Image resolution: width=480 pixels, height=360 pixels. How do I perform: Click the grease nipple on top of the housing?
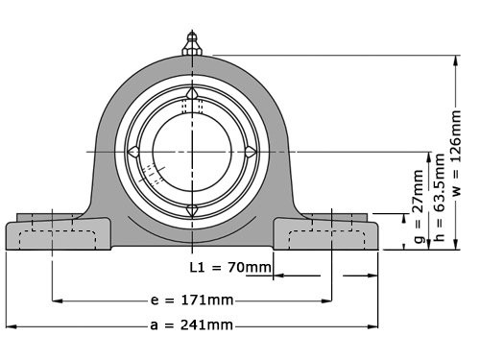[192, 42]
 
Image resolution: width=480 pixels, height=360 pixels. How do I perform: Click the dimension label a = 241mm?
[192, 324]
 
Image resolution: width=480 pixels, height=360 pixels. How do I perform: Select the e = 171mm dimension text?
[192, 300]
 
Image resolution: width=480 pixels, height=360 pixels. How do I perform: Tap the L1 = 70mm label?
[229, 266]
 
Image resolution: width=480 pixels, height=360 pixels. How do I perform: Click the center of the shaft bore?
[192, 151]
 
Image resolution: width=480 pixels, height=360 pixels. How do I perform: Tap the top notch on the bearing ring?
[192, 93]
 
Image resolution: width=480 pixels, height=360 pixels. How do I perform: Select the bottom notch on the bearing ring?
[192, 209]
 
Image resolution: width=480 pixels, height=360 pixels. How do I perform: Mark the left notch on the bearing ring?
[134, 151]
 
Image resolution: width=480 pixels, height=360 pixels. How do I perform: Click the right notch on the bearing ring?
[250, 151]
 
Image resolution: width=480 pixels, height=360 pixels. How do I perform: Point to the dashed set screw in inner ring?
[152, 175]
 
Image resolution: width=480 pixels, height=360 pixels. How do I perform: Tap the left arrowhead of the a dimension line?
[11, 324]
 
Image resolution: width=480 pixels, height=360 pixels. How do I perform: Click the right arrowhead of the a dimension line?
[375, 324]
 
